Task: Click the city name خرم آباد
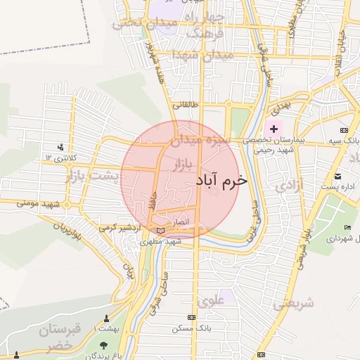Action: pyautogui.click(x=221, y=181)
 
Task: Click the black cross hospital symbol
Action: pyautogui.click(x=274, y=129)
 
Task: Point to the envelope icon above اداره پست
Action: pyautogui.click(x=338, y=175)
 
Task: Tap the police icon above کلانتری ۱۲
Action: pyautogui.click(x=61, y=147)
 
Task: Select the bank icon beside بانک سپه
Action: pyautogui.click(x=344, y=130)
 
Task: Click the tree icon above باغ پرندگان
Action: pyautogui.click(x=105, y=345)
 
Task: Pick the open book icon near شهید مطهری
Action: pyautogui.click(x=161, y=230)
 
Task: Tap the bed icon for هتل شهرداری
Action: pyautogui.click(x=348, y=227)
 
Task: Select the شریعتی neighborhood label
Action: pyautogui.click(x=293, y=304)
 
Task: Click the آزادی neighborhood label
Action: pyautogui.click(x=290, y=186)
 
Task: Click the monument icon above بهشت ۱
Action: pyautogui.click(x=106, y=318)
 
